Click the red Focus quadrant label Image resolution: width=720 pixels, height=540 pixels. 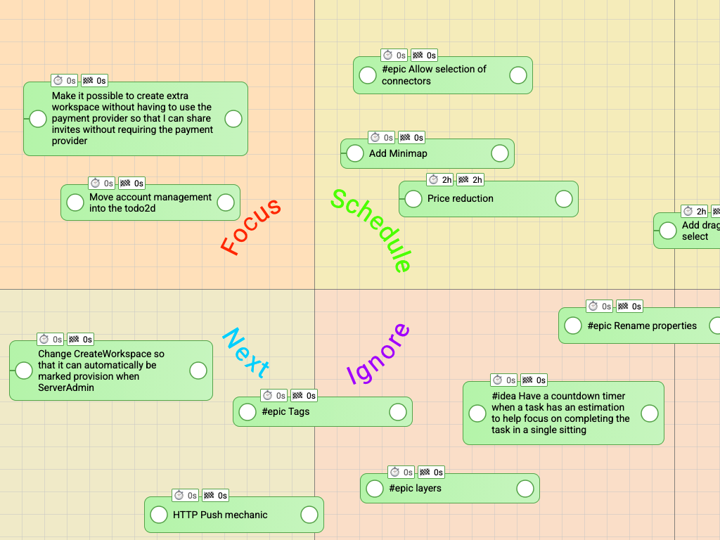click(251, 226)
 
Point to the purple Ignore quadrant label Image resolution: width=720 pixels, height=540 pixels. click(378, 354)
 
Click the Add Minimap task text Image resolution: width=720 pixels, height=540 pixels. click(398, 153)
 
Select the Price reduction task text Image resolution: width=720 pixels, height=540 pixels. click(461, 198)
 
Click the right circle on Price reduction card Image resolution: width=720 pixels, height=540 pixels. click(564, 198)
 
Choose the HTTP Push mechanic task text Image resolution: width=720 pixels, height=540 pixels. click(220, 515)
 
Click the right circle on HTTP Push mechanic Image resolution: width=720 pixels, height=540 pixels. click(309, 515)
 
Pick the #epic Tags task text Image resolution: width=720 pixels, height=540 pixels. click(285, 411)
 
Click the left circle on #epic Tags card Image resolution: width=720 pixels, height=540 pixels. click(247, 411)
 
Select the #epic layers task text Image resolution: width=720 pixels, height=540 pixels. click(415, 488)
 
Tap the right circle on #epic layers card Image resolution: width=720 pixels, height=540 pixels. click(525, 488)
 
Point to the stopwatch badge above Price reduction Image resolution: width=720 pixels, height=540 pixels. click(440, 180)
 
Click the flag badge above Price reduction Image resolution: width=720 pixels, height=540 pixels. click(470, 180)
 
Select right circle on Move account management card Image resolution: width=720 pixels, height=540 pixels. click(226, 202)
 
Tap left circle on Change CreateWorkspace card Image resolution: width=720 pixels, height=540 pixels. click(24, 371)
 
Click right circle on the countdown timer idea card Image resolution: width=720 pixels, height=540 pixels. click(650, 413)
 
